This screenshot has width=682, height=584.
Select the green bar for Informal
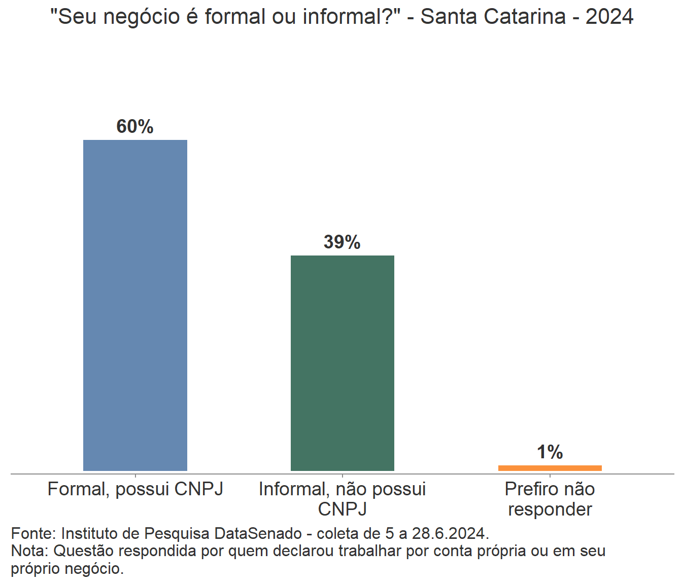343,363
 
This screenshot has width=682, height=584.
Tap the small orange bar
550,468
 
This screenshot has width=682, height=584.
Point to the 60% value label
135,127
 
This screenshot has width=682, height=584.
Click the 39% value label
342,242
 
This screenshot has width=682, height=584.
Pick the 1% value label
550,452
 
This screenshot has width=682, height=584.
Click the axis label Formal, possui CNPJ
135,489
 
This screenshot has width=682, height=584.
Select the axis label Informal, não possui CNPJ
343,499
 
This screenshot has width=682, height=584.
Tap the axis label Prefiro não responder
550,499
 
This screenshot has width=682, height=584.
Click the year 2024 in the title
609,17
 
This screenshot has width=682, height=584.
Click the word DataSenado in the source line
258,534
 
